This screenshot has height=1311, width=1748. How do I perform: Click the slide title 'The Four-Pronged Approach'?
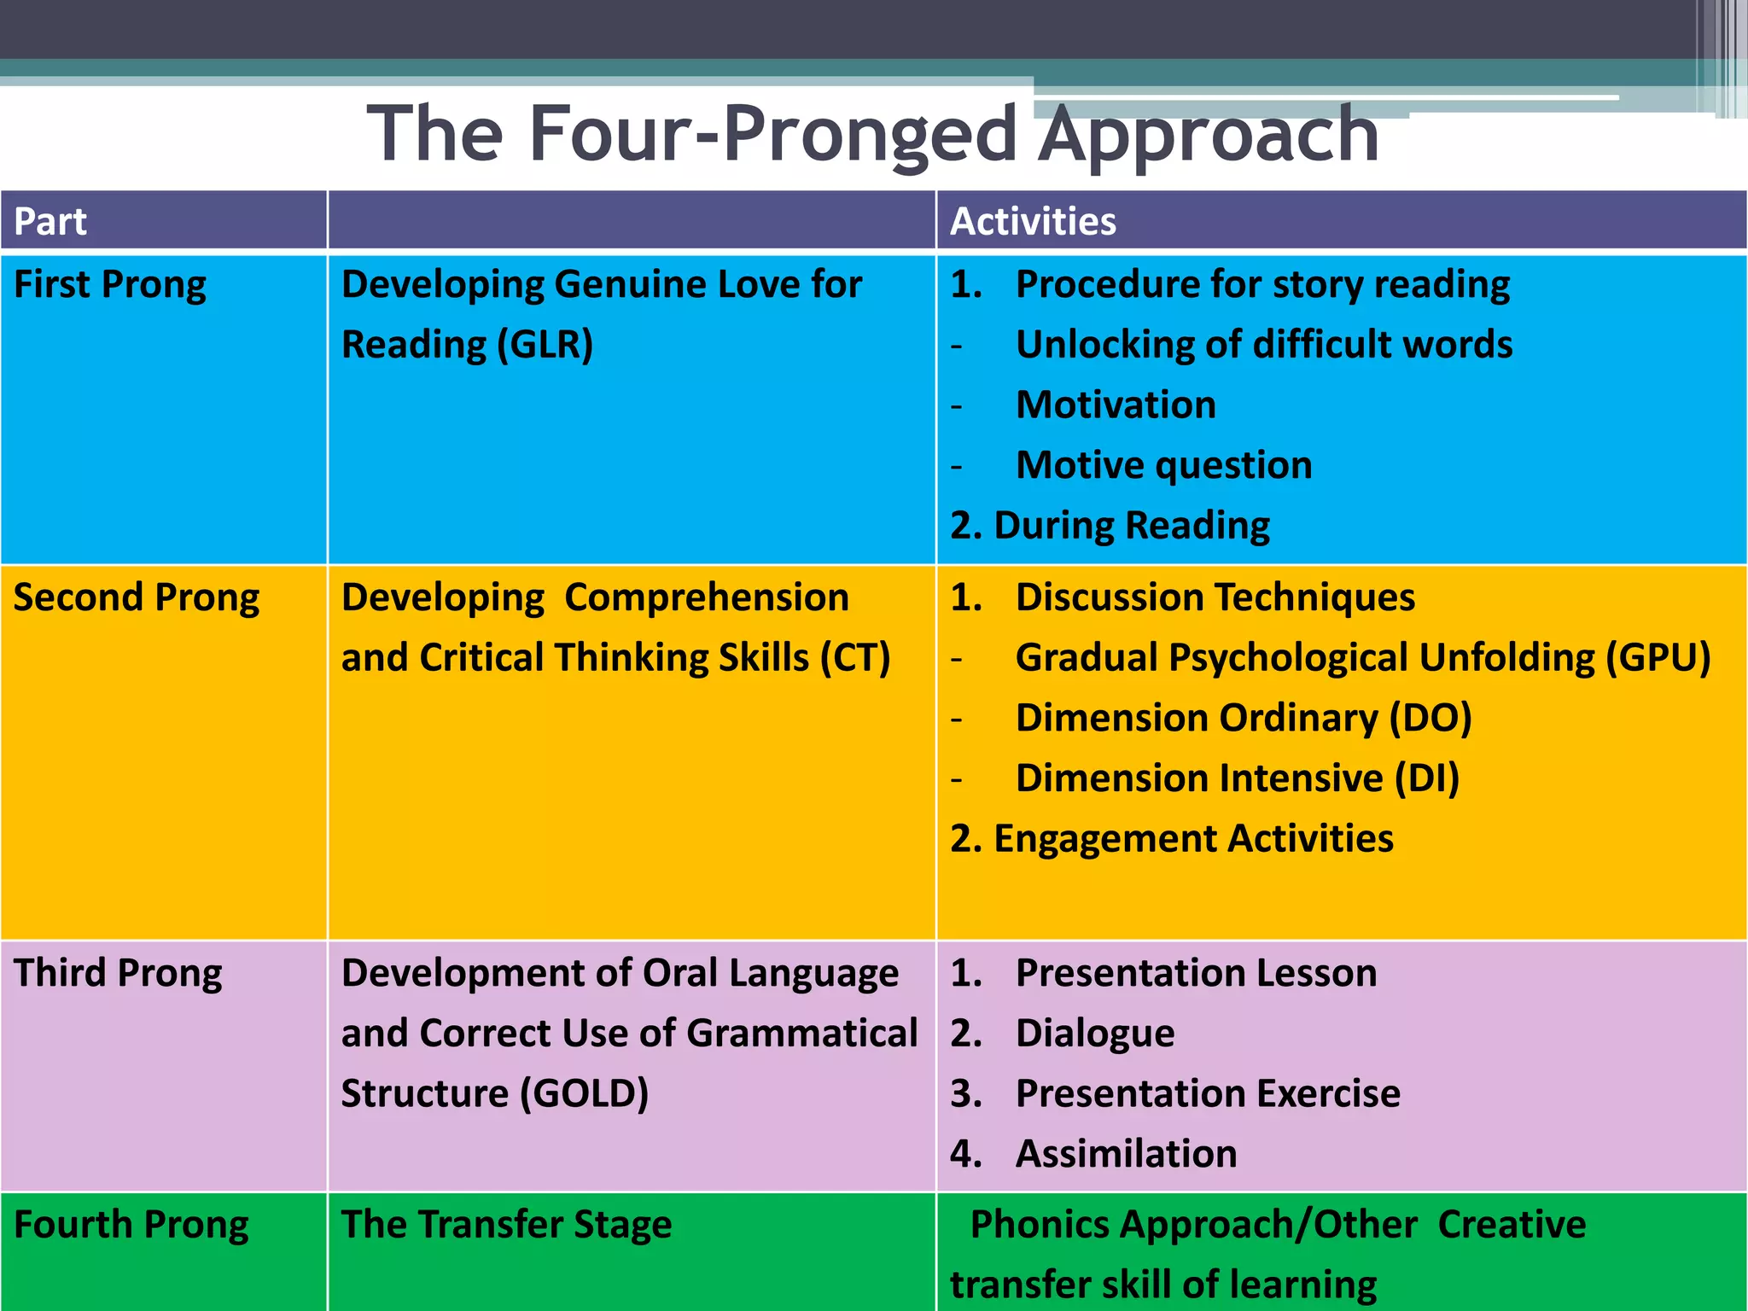click(x=872, y=134)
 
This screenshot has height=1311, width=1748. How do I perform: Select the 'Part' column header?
click(x=50, y=222)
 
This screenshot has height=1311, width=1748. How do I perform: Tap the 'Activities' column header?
click(x=1033, y=222)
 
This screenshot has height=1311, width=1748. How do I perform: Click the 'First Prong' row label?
click(x=110, y=285)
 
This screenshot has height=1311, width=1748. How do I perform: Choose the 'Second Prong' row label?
click(x=137, y=597)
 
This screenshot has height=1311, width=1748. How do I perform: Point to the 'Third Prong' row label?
click(x=118, y=973)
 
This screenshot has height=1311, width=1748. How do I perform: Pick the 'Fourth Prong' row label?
click(x=131, y=1225)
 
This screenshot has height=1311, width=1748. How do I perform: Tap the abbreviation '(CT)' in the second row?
click(x=854, y=658)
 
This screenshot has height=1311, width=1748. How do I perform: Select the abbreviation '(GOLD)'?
click(x=585, y=1094)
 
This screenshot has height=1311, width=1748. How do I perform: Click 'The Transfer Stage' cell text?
click(x=506, y=1225)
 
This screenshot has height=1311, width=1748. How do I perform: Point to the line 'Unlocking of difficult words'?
click(x=1263, y=345)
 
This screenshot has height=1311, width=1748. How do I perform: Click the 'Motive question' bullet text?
click(x=1163, y=465)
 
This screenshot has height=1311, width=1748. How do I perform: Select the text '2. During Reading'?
click(x=1110, y=526)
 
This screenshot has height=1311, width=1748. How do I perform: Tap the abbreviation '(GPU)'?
click(x=1658, y=658)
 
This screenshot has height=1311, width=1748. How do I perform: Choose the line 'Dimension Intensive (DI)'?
click(x=1237, y=778)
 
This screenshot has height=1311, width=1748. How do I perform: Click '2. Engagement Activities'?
click(x=1171, y=839)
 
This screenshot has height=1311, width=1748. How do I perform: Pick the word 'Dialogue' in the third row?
click(x=1094, y=1034)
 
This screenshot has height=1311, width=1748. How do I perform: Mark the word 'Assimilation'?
click(x=1126, y=1154)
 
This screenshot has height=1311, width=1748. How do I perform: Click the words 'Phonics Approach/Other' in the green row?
click(x=1193, y=1225)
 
